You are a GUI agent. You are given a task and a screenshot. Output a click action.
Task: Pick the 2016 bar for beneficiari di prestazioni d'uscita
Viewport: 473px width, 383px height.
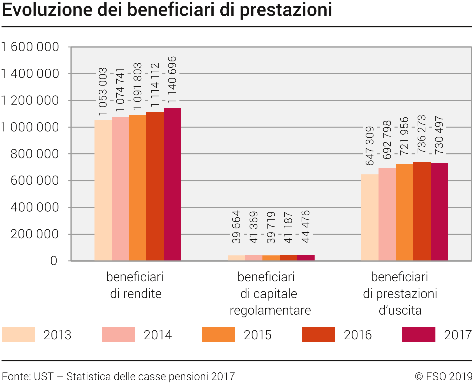422,211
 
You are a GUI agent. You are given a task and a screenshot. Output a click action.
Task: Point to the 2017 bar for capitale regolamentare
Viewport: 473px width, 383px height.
306,258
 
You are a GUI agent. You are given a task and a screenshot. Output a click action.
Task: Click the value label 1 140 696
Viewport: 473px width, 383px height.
172,80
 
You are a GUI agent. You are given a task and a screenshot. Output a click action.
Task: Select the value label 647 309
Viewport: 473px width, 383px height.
370,146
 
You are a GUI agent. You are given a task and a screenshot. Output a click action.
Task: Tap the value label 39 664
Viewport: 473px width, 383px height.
236,227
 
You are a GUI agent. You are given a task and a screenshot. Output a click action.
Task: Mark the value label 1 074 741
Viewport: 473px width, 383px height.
120,90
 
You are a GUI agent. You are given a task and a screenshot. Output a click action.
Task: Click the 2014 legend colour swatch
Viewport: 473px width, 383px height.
118,334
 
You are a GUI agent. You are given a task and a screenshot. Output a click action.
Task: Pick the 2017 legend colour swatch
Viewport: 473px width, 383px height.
418,334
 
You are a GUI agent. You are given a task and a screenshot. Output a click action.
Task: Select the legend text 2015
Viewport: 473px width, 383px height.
257,335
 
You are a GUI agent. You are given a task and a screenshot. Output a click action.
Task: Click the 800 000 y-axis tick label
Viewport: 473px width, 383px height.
34,154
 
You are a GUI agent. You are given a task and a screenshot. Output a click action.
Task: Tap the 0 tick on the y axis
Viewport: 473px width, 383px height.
54,261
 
